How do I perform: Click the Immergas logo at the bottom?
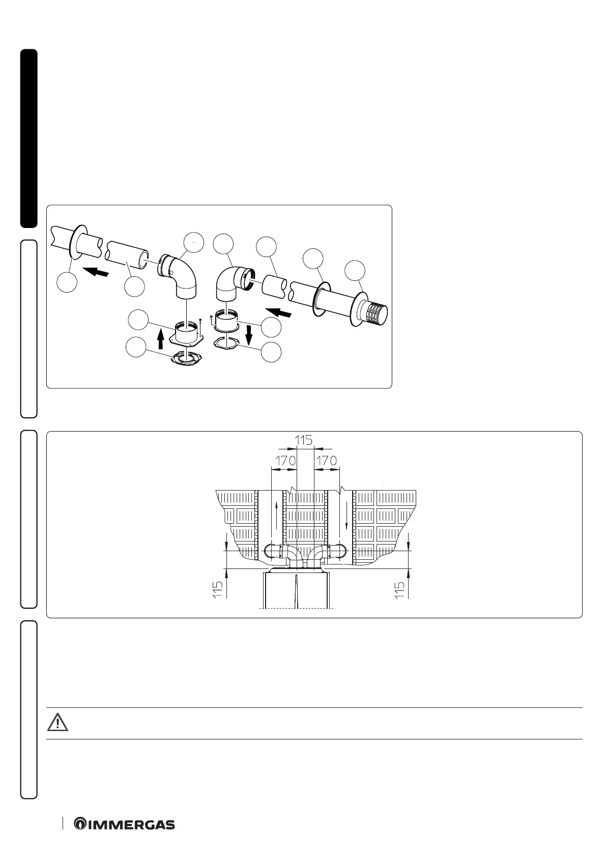coord(125,824)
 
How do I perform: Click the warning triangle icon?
coord(58,723)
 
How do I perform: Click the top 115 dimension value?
coord(304,440)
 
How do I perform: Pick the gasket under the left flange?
coord(185,358)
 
